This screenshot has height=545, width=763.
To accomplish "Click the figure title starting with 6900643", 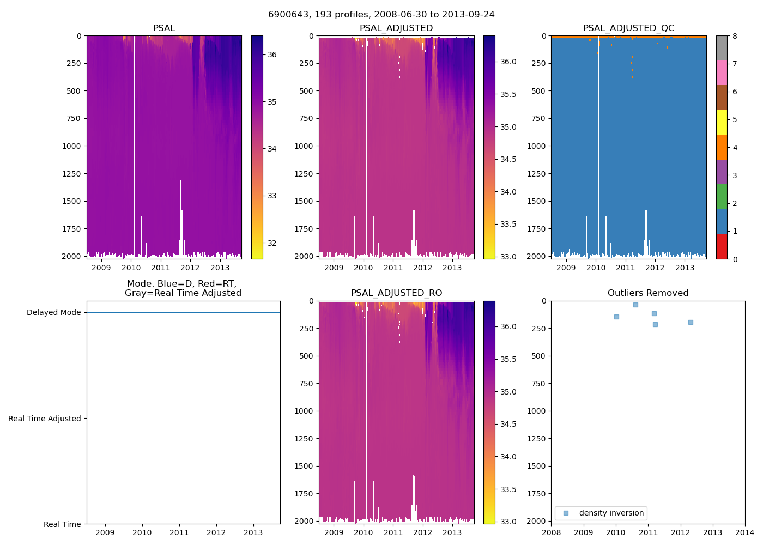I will point(381,15).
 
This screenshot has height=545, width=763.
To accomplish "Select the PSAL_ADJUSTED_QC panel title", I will point(628,28).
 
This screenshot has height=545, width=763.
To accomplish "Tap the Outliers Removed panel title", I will point(648,293).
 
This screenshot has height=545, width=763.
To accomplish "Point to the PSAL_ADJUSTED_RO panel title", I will point(396,293).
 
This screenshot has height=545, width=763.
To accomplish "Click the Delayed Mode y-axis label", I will point(53,313).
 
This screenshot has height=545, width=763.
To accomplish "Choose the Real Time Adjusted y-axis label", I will point(45,419).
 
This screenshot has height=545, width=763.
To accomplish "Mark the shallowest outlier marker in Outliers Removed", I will point(635,305).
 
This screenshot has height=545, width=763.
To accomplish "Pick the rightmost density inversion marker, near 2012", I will point(691,323).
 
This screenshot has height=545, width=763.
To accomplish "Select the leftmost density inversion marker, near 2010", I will point(616,317).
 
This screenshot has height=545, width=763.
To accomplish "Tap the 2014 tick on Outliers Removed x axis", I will point(745,532).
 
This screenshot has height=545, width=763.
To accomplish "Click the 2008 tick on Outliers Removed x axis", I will point(552,532).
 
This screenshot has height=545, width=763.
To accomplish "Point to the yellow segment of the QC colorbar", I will point(722,122).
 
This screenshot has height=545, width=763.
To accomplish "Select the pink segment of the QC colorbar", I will point(722,72).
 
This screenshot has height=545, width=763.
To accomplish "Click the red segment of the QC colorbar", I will point(722,246).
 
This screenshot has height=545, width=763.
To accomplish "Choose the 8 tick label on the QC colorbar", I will point(735,36).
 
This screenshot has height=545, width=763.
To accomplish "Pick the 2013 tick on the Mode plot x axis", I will point(253,532).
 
